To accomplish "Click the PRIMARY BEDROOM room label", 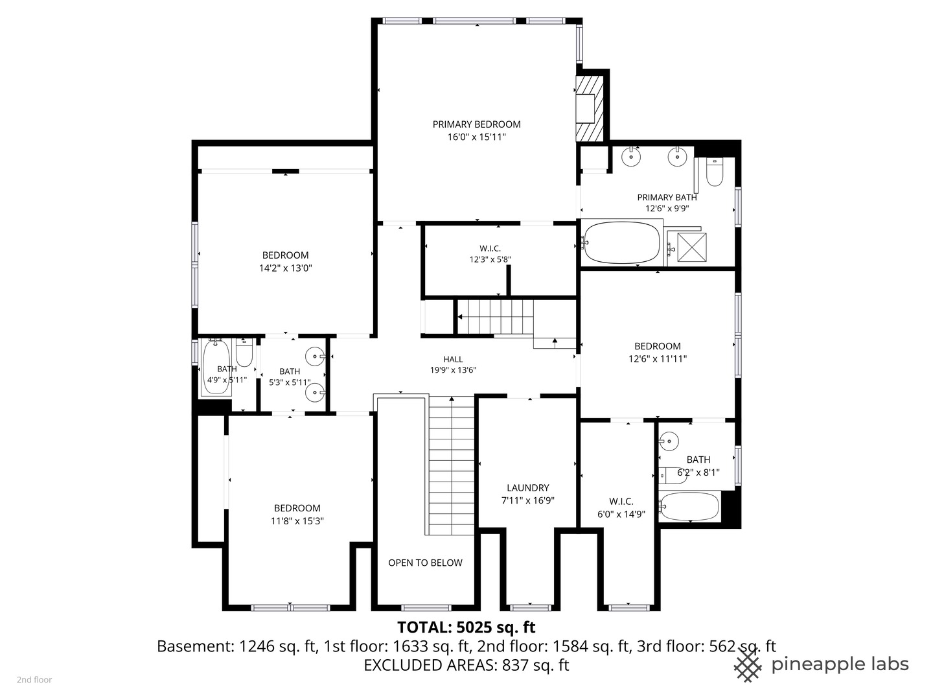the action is (476, 124).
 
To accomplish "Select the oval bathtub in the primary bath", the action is (622, 243).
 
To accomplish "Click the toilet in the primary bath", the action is (715, 172).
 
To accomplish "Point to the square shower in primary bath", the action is (691, 246).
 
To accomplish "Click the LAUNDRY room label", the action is (528, 488).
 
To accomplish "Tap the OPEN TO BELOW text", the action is (425, 563).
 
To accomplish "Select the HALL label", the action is (453, 359).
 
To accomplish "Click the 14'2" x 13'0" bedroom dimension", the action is (286, 268).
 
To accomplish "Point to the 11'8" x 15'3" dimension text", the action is (297, 521).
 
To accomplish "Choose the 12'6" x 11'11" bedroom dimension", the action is (658, 358).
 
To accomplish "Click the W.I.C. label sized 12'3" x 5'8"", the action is (490, 248).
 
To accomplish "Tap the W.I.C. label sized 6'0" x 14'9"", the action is (621, 502).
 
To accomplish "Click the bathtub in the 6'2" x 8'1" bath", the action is (689, 506).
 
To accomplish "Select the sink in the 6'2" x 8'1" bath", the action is (669, 441).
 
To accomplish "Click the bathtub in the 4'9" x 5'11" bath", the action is (216, 367).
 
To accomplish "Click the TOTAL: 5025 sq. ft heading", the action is (466, 627).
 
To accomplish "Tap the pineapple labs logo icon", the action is (748, 666).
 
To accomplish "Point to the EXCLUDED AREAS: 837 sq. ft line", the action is (466, 665).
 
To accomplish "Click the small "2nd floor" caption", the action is (34, 680).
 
